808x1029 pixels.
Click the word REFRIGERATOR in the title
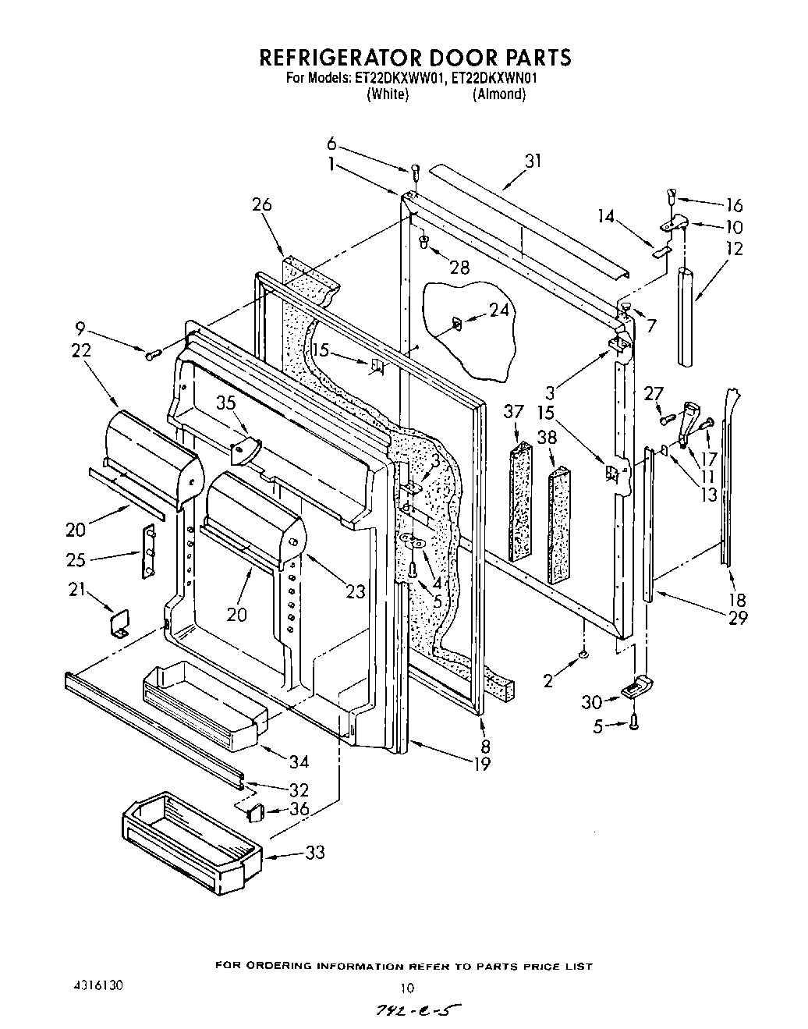tap(338, 58)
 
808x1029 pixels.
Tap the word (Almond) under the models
tap(498, 94)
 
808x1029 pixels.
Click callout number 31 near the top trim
tap(533, 161)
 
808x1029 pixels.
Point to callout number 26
tap(262, 205)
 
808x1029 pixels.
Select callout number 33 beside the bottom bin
tap(314, 853)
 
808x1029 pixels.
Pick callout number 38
tap(548, 438)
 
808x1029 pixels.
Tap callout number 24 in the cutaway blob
tap(498, 310)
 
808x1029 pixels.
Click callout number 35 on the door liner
tap(225, 404)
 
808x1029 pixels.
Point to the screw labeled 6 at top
tap(416, 170)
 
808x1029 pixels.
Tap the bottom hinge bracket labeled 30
tap(637, 687)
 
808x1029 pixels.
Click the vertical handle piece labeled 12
tap(686, 315)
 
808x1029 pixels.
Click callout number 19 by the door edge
tap(482, 764)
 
